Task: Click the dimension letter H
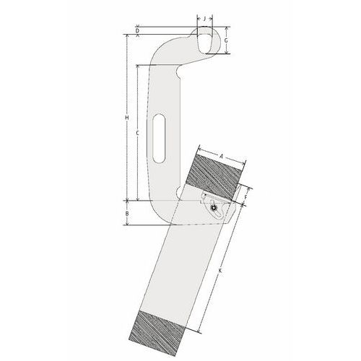pyautogui.click(x=127, y=117)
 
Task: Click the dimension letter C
pyautogui.click(x=137, y=134)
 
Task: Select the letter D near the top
pyautogui.click(x=137, y=30)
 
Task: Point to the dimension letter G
pyautogui.click(x=226, y=42)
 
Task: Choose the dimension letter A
pyautogui.click(x=222, y=155)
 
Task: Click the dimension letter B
pyautogui.click(x=127, y=214)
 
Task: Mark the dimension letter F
pyautogui.click(x=246, y=196)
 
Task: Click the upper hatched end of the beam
pyautogui.click(x=214, y=176)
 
